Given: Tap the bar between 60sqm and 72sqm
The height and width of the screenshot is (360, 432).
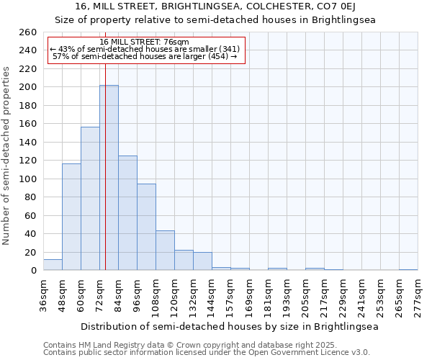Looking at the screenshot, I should tap(90, 199).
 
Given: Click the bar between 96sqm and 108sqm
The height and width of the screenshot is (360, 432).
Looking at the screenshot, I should tap(146, 227).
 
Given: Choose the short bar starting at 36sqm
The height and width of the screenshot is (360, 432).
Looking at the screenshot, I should tap(53, 265).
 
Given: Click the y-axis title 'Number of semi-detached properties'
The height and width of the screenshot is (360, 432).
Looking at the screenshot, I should tap(7, 155).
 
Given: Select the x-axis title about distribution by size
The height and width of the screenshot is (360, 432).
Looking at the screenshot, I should tap(229, 326).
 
